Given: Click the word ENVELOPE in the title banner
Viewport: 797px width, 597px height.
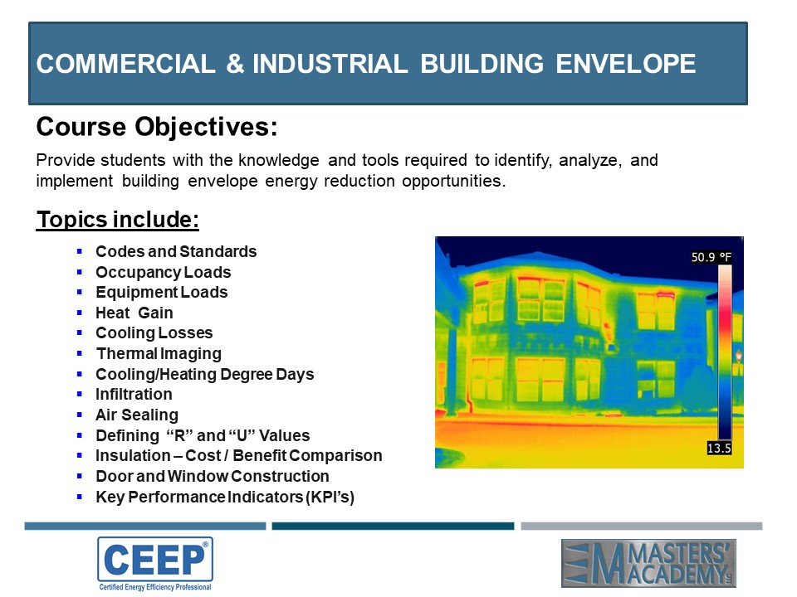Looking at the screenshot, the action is (625, 64).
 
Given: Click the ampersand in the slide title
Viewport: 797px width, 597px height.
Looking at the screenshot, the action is (235, 64).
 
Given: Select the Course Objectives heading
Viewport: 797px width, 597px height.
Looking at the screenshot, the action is (157, 127).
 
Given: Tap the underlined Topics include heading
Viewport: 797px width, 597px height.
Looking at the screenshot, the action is (117, 219).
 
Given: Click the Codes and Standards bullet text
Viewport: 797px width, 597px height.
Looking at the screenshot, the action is (176, 251).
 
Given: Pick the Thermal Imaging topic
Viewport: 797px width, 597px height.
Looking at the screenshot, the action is (159, 353).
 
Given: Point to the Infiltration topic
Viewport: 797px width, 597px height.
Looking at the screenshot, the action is (134, 394).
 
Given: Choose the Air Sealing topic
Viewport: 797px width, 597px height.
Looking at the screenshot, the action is (137, 415).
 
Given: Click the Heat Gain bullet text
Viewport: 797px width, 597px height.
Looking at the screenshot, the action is (134, 313).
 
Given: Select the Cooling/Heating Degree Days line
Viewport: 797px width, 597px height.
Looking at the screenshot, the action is (205, 374).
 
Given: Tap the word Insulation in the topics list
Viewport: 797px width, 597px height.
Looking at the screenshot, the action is (133, 455).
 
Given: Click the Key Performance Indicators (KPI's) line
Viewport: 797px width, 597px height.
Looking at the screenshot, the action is (225, 497).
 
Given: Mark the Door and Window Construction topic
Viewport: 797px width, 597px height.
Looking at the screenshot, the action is (213, 476).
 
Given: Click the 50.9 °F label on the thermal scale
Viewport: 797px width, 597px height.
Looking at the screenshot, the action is (711, 257).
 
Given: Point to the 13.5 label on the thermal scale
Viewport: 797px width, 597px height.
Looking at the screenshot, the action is (719, 448).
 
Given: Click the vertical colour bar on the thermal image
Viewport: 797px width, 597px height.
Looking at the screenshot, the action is (724, 352).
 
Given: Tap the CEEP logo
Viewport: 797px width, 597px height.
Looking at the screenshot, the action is (155, 564).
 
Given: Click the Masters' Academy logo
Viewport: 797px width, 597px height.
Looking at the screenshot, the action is (648, 563).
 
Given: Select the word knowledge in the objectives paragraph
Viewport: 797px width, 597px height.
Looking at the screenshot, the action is (279, 160).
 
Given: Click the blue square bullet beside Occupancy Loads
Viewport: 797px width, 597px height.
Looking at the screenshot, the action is (80, 272).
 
